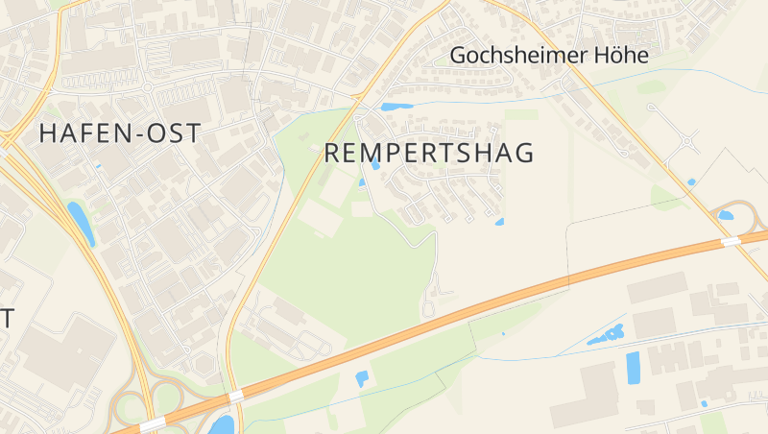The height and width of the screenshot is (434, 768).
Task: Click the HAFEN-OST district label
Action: (120, 133)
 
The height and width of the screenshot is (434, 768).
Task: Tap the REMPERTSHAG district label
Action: (428, 153)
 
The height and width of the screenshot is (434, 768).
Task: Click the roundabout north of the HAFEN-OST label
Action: (149, 88)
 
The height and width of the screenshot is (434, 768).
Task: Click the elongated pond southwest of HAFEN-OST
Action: (81, 223)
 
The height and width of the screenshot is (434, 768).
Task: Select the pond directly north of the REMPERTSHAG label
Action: (396, 107)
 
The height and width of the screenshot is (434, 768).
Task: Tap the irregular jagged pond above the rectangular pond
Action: (606, 336)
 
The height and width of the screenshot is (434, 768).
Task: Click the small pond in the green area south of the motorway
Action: (362, 377)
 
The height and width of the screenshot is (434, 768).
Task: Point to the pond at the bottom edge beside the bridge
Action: (222, 423)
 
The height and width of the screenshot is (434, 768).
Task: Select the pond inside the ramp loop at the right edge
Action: (726, 215)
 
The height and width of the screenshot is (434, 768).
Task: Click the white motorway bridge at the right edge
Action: (732, 241)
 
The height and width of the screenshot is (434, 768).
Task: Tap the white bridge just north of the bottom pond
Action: (235, 396)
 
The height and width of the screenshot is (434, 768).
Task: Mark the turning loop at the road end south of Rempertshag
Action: (428, 308)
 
